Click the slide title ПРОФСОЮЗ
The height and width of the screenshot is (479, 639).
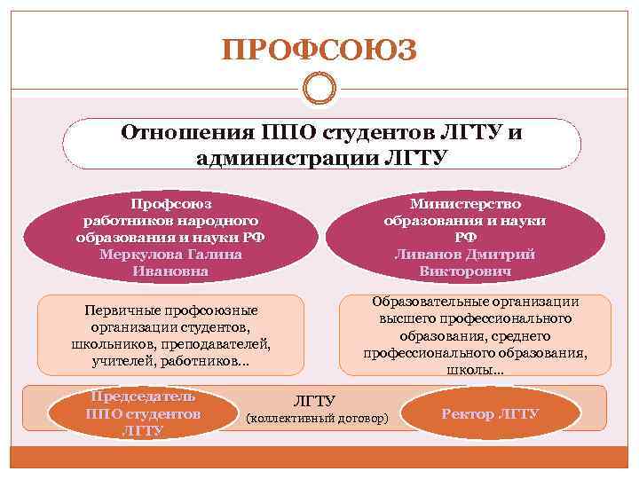pyautogui.click(x=319, y=50)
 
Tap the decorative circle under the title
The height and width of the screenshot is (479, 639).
pyautogui.click(x=319, y=89)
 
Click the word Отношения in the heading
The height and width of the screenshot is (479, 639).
pyautogui.click(x=184, y=134)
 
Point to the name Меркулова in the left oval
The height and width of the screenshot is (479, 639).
pyautogui.click(x=140, y=254)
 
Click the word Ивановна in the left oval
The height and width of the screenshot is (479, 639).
pyautogui.click(x=170, y=271)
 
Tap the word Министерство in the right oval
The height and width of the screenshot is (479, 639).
pyautogui.click(x=465, y=204)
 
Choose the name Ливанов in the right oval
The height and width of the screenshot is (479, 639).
pyautogui.click(x=428, y=254)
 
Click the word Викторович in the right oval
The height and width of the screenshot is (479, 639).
pyautogui.click(x=465, y=271)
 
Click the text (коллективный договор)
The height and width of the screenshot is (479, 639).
pyautogui.click(x=316, y=416)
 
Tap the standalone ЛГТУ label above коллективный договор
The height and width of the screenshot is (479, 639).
pyautogui.click(x=313, y=399)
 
